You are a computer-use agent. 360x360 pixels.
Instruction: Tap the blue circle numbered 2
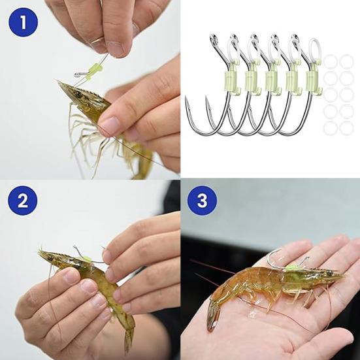pyautogui.click(x=23, y=201)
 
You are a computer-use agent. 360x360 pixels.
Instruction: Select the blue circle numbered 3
pyautogui.click(x=202, y=201)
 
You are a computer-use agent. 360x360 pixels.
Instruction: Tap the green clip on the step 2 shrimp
pyautogui.click(x=87, y=259)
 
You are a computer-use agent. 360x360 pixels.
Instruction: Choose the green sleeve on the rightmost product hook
pyautogui.click(x=312, y=82)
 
